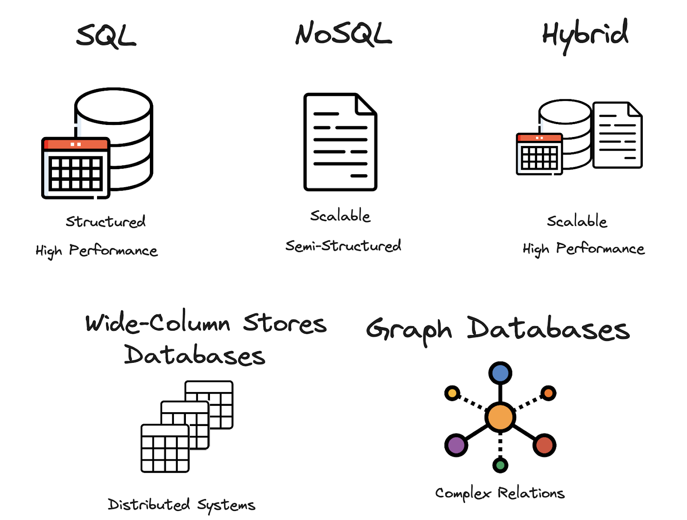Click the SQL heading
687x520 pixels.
pos(106,36)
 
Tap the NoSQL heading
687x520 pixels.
pos(343,34)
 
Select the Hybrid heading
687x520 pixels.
pos(585,34)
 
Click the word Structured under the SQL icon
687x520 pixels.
pos(106,222)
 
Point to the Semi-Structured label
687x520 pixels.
pos(343,246)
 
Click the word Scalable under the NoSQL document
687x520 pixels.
pos(340,216)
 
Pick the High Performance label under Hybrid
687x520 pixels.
pos(584,249)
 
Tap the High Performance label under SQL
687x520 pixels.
pos(97,251)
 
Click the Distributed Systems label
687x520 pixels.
pos(181,505)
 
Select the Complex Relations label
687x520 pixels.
pos(500,493)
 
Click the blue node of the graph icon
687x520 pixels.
pos(500,373)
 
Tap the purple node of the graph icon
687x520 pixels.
pos(456,445)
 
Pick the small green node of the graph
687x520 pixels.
pos(500,465)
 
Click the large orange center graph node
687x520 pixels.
pos(500,417)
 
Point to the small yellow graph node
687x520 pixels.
pos(452,393)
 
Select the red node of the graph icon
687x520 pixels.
pos(544,445)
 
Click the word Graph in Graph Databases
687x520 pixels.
pos(409,330)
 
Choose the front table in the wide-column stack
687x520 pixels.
pos(165,448)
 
